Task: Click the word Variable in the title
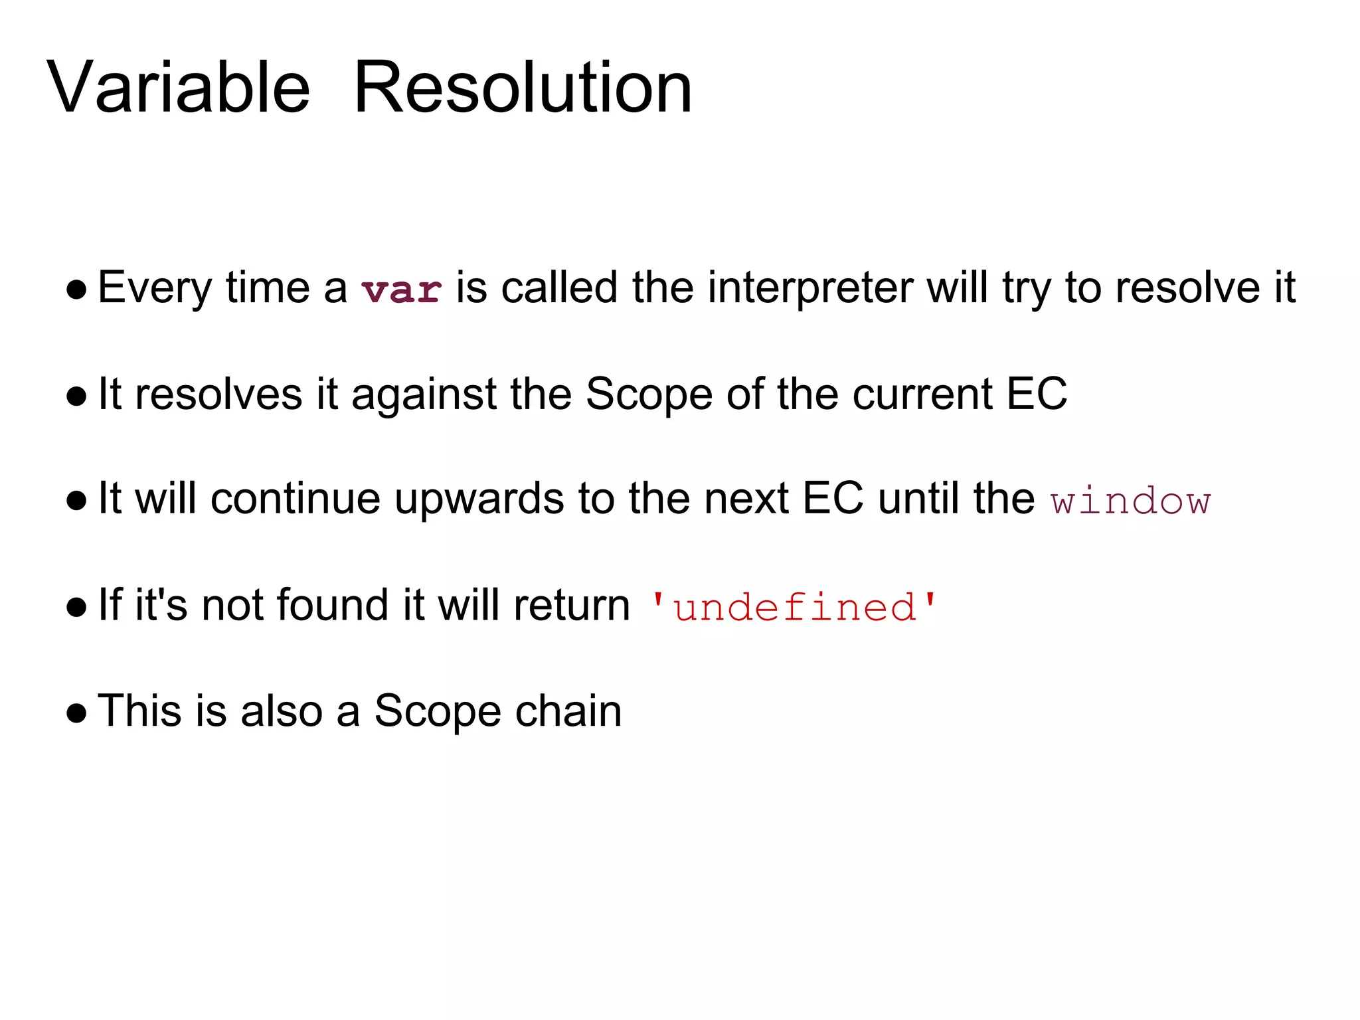point(178,88)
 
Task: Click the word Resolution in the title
point(523,88)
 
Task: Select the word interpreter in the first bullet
point(809,288)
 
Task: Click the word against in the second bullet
point(423,394)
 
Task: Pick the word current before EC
point(922,394)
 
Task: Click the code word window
point(1131,501)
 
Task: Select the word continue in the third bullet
point(296,499)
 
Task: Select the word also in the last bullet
point(282,711)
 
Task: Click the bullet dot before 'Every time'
point(77,290)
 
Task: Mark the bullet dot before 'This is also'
point(77,713)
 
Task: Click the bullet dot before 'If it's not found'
point(77,607)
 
